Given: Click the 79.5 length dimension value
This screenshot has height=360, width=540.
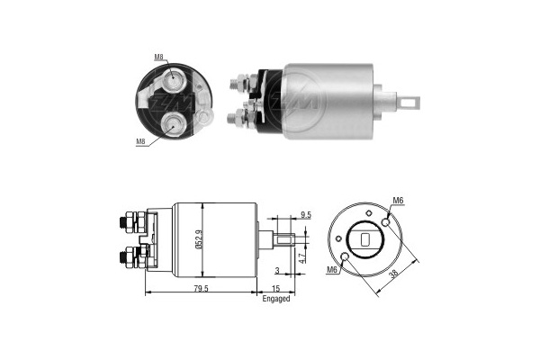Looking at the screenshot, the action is click(x=201, y=288).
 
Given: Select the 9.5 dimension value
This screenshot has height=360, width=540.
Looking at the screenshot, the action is click(x=305, y=215).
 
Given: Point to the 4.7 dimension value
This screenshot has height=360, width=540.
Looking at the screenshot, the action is click(x=302, y=258).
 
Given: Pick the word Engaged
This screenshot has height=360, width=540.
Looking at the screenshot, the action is click(x=276, y=299).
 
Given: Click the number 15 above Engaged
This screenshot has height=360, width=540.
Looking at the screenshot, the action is click(x=276, y=288).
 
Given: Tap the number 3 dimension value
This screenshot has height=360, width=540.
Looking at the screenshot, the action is click(x=277, y=271).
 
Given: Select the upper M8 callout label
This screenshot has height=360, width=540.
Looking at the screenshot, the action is click(x=158, y=57).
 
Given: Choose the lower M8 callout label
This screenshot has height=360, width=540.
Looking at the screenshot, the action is click(x=140, y=141).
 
